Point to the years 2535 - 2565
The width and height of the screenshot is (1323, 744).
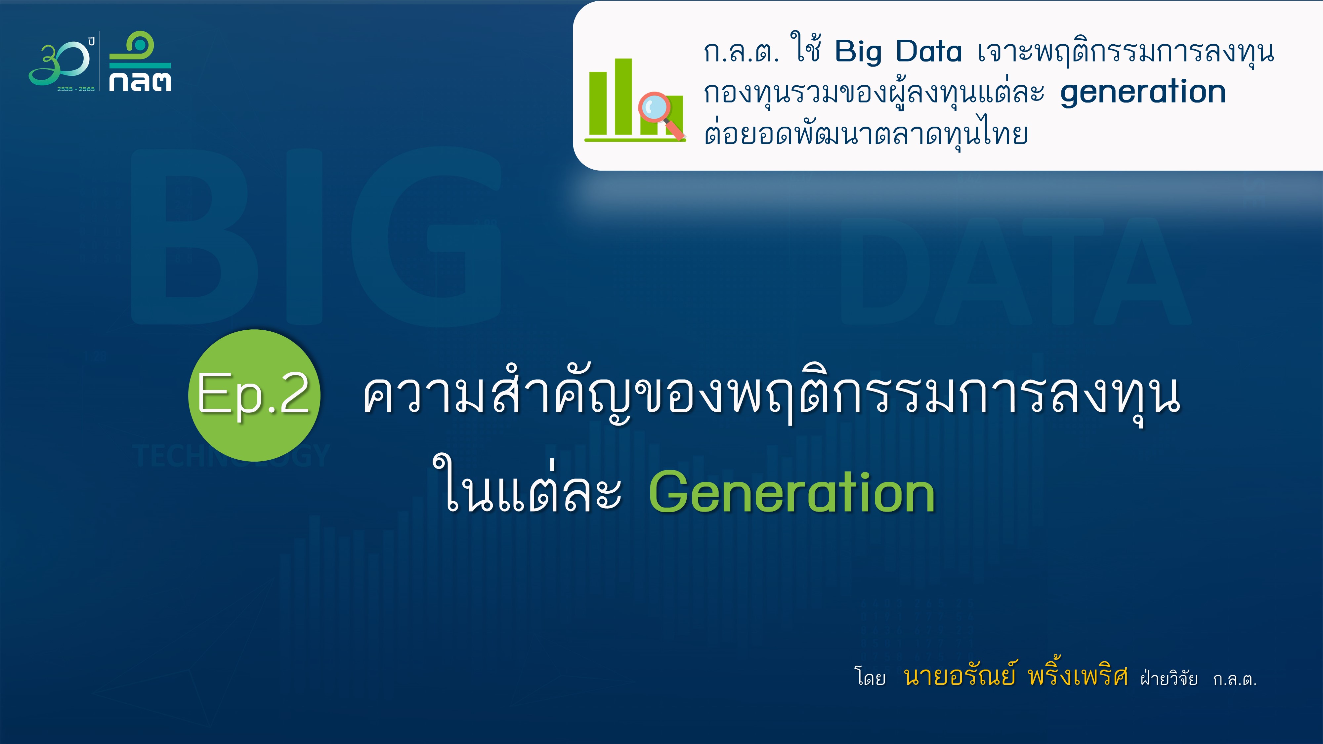(x=76, y=89)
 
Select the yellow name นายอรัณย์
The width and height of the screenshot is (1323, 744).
(x=960, y=676)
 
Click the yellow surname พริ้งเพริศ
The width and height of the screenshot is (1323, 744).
(x=1078, y=674)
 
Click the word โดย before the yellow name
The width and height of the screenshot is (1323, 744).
(x=870, y=677)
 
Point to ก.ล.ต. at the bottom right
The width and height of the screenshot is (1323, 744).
(x=1235, y=679)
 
